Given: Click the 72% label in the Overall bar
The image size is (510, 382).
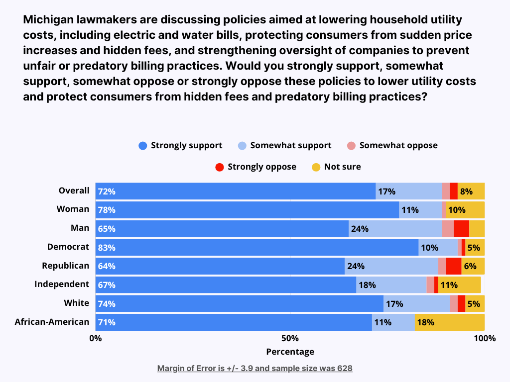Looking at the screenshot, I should coord(107,191).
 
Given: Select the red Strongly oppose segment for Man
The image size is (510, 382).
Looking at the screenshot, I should coord(461,229).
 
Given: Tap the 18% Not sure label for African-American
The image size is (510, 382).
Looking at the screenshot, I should coord(425,322).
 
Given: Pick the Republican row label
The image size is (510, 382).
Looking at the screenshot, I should coord(65,266).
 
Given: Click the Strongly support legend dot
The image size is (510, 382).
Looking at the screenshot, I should coord(143,146).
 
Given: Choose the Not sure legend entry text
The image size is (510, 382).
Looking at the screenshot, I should coord(342,167).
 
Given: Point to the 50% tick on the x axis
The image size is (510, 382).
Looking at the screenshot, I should coord(290,339).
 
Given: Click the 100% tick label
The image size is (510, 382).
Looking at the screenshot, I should coord(485,339).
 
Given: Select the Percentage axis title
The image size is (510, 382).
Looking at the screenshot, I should coord(290,352).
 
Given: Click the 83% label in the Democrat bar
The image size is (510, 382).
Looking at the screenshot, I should coord(107,248).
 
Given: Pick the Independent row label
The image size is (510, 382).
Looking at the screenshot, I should coord(62,284).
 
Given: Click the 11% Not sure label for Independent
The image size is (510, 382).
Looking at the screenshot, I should coord(449,285).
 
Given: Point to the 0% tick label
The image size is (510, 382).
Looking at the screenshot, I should coord(95,339).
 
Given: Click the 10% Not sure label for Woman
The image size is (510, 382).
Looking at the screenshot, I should coord(456,210).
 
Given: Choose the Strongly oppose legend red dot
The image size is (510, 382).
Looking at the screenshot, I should coord(220,167).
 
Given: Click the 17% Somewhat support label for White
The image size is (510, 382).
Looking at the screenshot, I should coord(394,303).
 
